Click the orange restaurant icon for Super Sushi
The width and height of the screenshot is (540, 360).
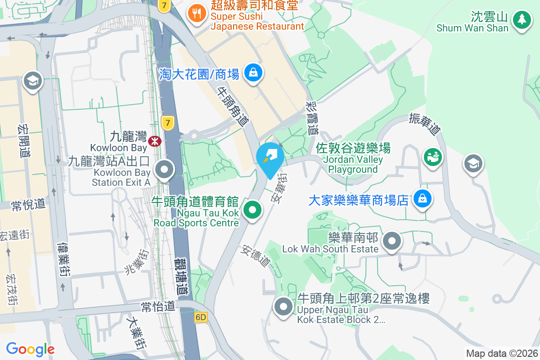click(x=196, y=13)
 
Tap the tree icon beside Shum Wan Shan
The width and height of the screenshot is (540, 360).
click(x=522, y=19)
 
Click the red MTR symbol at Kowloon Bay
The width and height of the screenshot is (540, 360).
click(x=155, y=141)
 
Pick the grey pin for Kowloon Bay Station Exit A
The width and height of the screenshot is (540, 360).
click(x=165, y=170)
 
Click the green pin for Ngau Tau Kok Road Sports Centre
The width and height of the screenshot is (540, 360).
click(x=253, y=210)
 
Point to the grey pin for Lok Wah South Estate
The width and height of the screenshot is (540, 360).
click(x=392, y=241)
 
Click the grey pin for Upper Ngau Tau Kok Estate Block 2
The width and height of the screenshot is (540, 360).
click(x=283, y=307)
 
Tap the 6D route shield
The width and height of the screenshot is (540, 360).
click(x=201, y=317)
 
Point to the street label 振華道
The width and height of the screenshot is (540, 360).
click(x=424, y=124)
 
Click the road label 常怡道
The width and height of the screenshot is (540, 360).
click(x=157, y=307)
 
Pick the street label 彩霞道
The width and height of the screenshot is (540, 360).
click(x=311, y=118)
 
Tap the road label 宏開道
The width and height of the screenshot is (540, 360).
click(x=23, y=140)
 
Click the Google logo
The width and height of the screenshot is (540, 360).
click(x=30, y=349)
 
